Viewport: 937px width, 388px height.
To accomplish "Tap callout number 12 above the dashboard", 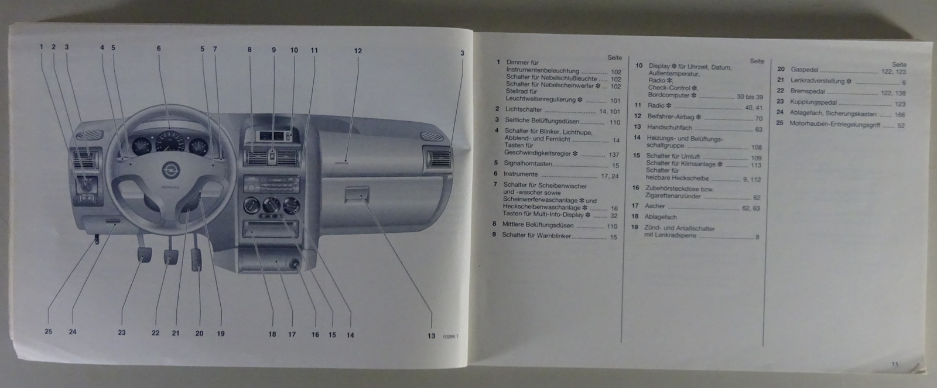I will coord(358,50).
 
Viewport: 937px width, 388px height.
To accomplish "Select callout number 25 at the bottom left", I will coord(49,331).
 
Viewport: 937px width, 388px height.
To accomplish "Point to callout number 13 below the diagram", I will coord(431,336).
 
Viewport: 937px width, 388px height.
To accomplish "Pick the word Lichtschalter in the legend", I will coord(524,109).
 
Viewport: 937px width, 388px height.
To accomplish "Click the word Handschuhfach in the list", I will coord(669,127).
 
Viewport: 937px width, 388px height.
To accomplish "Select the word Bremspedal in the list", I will coord(808,91).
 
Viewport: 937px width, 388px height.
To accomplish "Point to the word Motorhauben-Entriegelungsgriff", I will coord(834,124).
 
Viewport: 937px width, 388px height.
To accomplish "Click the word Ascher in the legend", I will coord(655,206).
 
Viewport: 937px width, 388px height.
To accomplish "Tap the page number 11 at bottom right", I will coord(894,364).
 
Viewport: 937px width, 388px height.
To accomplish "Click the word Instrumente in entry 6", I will coord(520,174).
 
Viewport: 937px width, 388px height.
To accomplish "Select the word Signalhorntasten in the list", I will coord(528,164).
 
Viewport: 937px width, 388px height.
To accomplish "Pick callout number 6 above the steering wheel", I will coord(158,49).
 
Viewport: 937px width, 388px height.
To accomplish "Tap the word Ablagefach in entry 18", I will coord(660,217).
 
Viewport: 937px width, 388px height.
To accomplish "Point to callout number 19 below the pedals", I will coord(221,334).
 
